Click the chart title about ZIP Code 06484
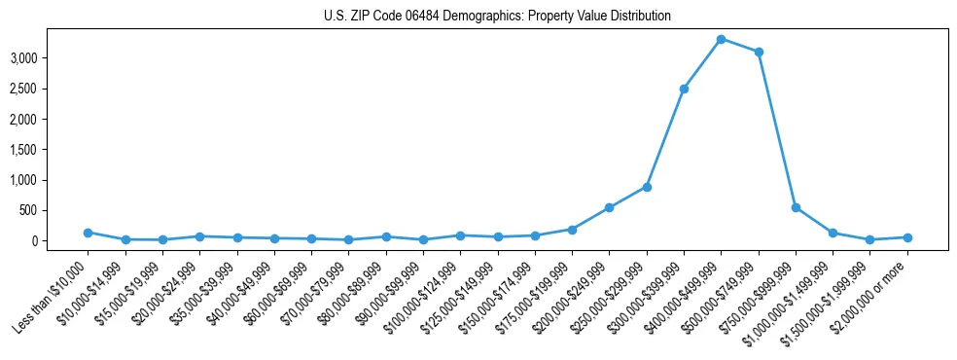pos(497,17)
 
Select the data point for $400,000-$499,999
pos(721,39)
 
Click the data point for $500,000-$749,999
pos(759,52)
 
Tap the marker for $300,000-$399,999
pos(684,89)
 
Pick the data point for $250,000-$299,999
pos(647,187)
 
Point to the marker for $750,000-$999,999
pos(796,207)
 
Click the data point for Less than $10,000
pos(88,233)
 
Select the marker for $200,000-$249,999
pos(609,207)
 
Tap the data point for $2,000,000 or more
pos(907,237)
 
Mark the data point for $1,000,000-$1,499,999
pos(833,233)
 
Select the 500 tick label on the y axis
pos(54,210)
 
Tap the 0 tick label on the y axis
pos(60,240)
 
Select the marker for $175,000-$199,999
pos(572,230)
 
